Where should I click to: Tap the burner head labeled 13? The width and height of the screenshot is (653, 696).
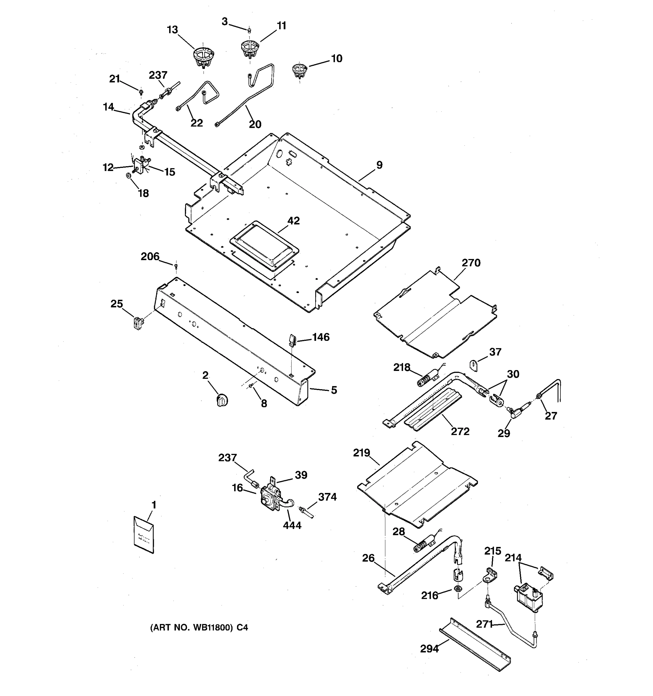pos(203,57)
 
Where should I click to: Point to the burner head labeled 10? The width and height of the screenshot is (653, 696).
pos(300,70)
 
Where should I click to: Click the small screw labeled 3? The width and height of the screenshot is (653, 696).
pos(249,30)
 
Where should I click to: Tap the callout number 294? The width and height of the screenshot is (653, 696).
pos(429,649)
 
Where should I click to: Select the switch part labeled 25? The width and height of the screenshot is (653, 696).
pos(139,322)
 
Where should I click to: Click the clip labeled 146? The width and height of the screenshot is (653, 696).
pos(293,339)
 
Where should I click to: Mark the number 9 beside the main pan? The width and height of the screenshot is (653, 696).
pos(379,165)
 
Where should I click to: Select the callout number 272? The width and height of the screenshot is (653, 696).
pos(460,431)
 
